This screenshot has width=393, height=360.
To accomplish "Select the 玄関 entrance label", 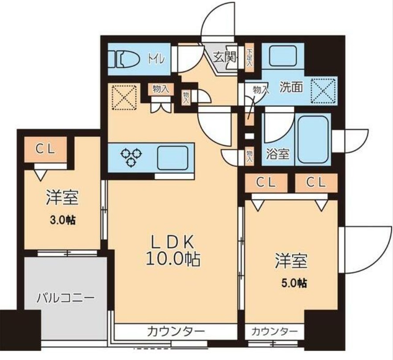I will pyautogui.click(x=222, y=58).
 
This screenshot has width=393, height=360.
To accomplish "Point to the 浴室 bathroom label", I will pyautogui.click(x=278, y=154).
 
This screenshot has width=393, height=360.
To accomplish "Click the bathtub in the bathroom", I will pyautogui.click(x=313, y=140).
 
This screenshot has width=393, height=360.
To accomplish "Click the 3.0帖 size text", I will pyautogui.click(x=61, y=220).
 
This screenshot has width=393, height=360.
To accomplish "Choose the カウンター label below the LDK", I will pyautogui.click(x=176, y=331).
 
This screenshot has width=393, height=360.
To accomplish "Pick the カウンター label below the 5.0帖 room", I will pyautogui.click(x=274, y=331).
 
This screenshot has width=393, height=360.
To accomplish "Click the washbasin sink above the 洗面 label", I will pyautogui.click(x=282, y=57).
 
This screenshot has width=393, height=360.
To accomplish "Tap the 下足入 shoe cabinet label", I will pyautogui.click(x=250, y=56).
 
